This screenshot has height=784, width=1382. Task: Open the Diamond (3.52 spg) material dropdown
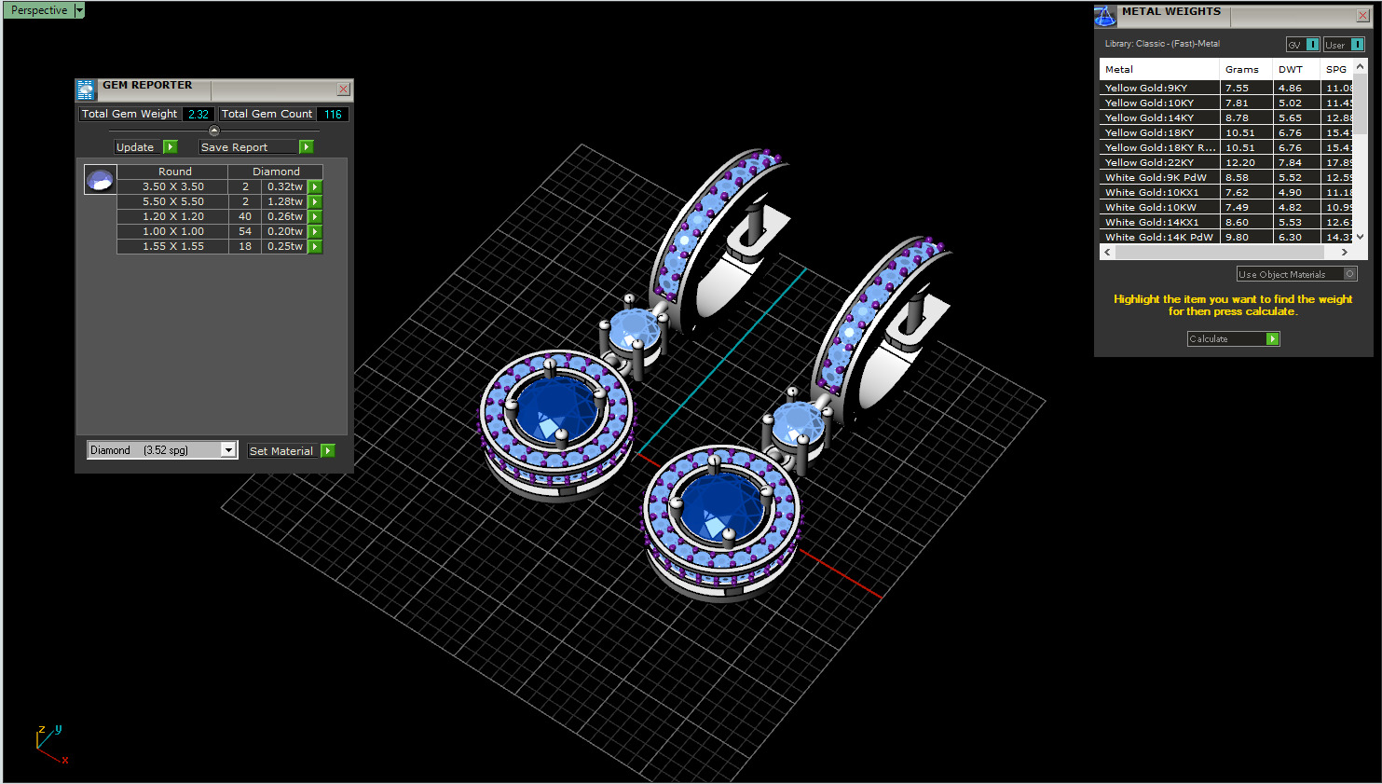(x=228, y=450)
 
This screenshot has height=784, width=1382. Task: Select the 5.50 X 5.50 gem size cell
(x=172, y=201)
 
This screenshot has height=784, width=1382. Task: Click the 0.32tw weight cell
(x=284, y=186)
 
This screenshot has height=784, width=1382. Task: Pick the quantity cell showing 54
(x=245, y=231)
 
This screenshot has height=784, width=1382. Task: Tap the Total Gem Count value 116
(x=333, y=114)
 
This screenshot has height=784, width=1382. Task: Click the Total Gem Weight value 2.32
(x=198, y=114)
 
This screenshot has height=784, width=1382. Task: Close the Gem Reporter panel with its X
(x=343, y=89)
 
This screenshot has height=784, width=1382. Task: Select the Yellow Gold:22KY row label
(x=1149, y=162)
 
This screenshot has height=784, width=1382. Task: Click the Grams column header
(x=1241, y=70)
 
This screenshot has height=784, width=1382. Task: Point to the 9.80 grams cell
(x=1237, y=237)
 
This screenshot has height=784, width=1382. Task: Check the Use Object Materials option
(x=1349, y=274)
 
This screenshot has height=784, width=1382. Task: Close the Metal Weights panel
(x=1361, y=16)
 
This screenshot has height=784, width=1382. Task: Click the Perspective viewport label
(x=39, y=10)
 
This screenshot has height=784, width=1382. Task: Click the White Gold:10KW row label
(x=1150, y=207)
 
